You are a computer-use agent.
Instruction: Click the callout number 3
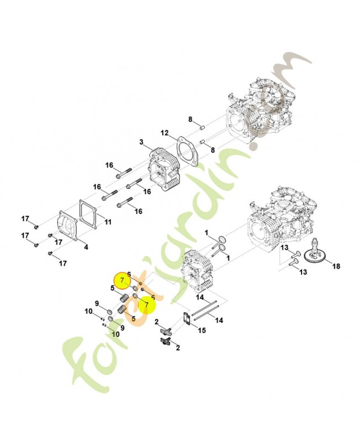pyautogui.click(x=141, y=143)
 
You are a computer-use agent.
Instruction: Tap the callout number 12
pyautogui.click(x=164, y=133)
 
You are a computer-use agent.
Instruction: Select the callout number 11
pyautogui.click(x=108, y=222)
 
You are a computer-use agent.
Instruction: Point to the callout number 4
pyautogui.click(x=86, y=246)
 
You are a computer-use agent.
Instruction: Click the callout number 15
pyautogui.click(x=202, y=330)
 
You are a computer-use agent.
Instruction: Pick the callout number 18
pyautogui.click(x=336, y=266)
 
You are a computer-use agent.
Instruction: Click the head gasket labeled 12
pyautogui.click(x=187, y=150)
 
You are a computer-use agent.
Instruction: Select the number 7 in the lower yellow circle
pyautogui.click(x=146, y=304)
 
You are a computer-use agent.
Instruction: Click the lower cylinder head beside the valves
pyautogui.click(x=196, y=271)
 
